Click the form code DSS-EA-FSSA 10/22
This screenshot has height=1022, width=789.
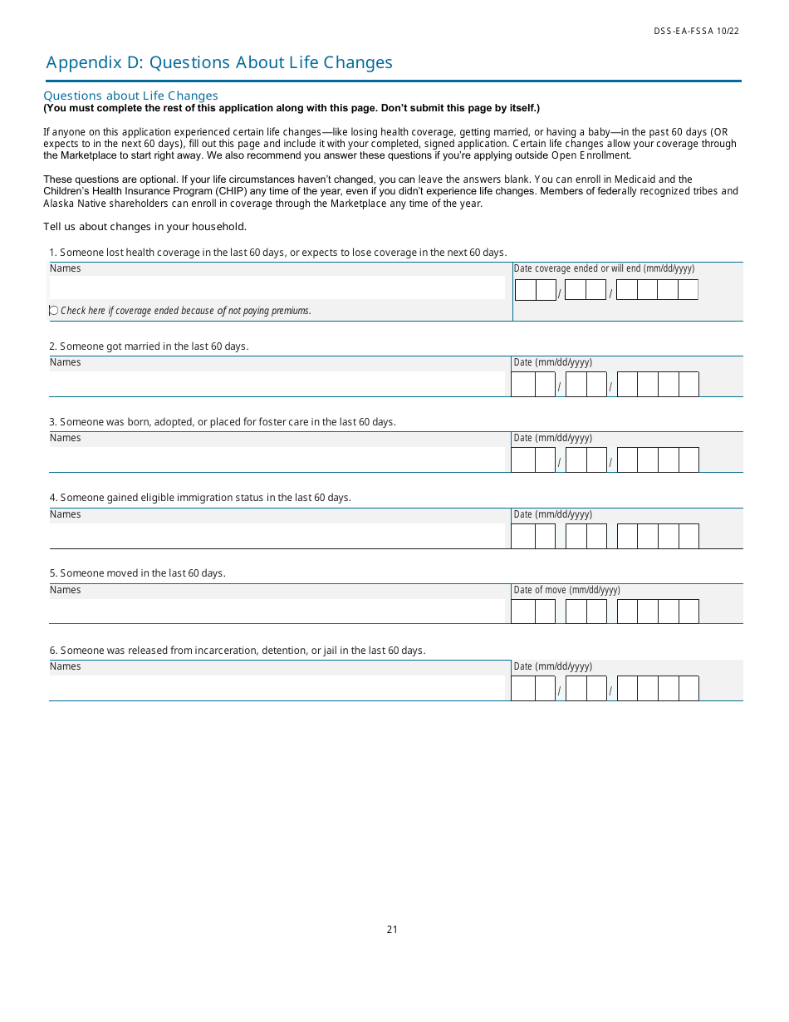pyautogui.click(x=696, y=32)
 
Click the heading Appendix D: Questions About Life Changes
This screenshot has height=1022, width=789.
pyautogui.click(x=219, y=62)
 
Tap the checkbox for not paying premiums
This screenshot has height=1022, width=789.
pyautogui.click(x=54, y=311)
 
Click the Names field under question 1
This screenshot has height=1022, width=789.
pyautogui.click(x=277, y=287)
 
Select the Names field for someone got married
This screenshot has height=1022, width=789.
pyautogui.click(x=277, y=384)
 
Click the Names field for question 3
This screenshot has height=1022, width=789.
pyautogui.click(x=277, y=459)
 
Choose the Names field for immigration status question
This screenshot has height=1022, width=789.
pyautogui.click(x=277, y=536)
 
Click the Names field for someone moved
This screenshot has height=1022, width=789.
pyautogui.click(x=277, y=612)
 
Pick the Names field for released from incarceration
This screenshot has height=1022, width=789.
pyautogui.click(x=277, y=688)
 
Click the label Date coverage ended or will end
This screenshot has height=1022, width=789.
pyautogui.click(x=604, y=268)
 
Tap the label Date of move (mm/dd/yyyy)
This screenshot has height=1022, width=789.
pyautogui.click(x=566, y=590)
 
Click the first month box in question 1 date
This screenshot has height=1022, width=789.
pyautogui.click(x=526, y=290)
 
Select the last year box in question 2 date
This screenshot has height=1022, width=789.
pyautogui.click(x=689, y=385)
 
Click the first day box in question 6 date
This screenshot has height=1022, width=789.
pyautogui.click(x=576, y=689)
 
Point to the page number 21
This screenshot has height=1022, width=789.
pyautogui.click(x=392, y=930)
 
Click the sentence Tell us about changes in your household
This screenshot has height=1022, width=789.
pyautogui.click(x=145, y=227)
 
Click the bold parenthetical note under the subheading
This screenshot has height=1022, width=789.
pyautogui.click(x=292, y=108)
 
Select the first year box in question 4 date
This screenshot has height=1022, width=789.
pyautogui.click(x=627, y=537)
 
